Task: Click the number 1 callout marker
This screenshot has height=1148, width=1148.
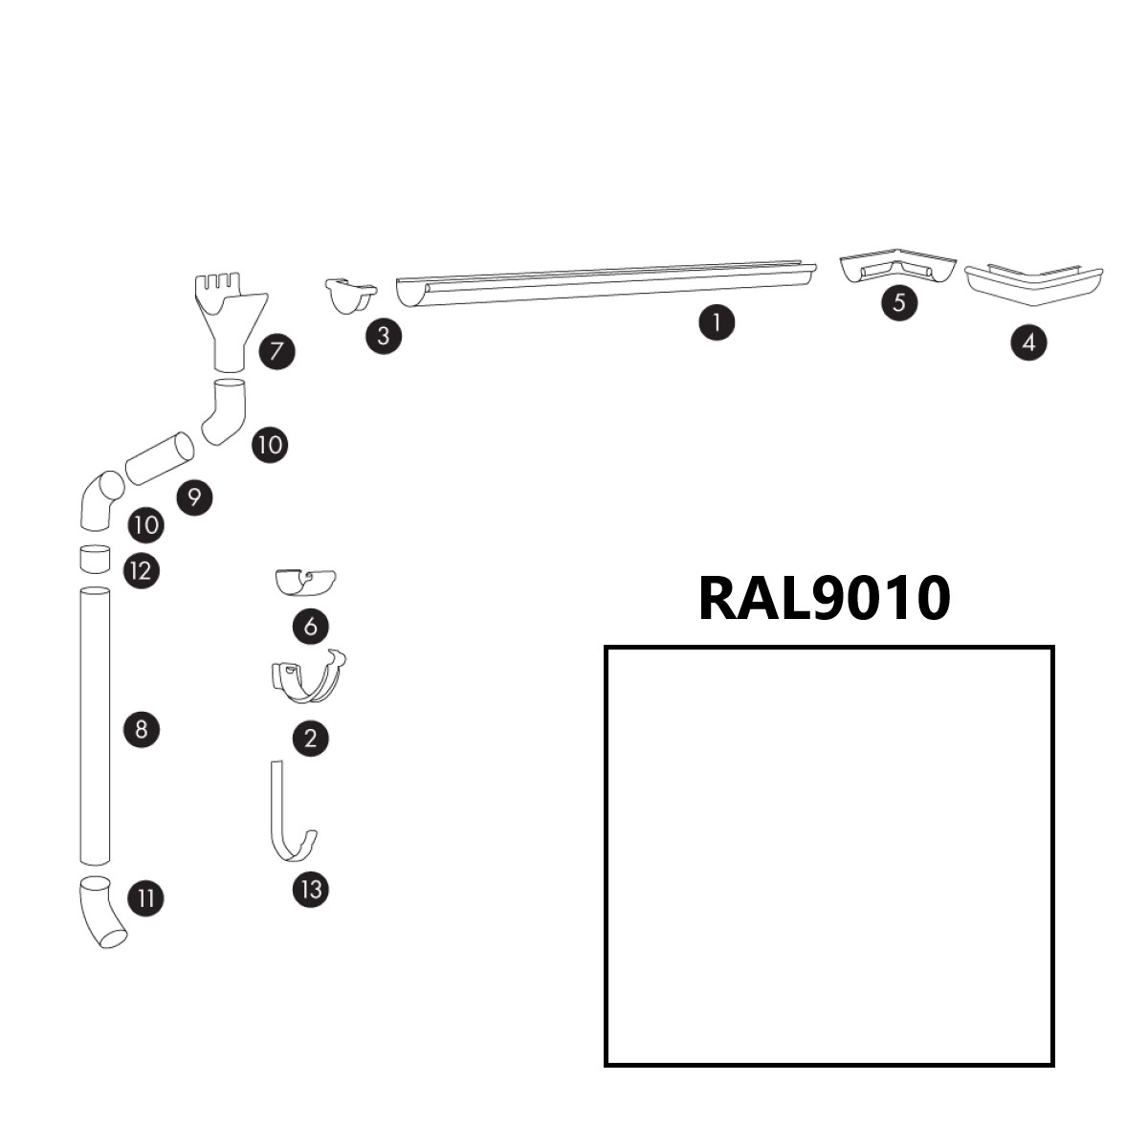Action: [717, 321]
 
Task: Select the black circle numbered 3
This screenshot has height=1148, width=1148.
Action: [384, 336]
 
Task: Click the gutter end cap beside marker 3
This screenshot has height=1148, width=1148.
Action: [347, 296]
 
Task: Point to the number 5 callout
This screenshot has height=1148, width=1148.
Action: [898, 302]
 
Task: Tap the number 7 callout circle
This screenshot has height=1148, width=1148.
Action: [276, 351]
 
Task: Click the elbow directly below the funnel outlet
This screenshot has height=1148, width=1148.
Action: [225, 410]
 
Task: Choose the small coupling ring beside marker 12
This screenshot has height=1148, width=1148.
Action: [94, 559]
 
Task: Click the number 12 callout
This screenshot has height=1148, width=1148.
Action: [141, 571]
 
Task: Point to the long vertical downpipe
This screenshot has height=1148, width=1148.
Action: [95, 727]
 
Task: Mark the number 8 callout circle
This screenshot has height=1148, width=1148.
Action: [142, 730]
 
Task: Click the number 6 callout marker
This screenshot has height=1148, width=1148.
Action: [310, 627]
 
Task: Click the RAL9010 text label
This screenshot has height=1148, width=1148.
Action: [824, 598]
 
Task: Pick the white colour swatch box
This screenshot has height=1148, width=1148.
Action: [828, 855]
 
